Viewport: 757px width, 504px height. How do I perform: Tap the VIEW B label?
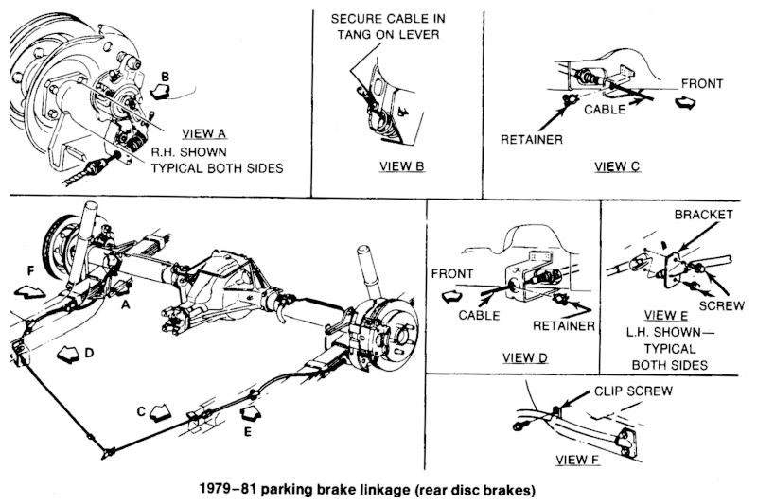401,166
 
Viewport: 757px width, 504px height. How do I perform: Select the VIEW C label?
617,166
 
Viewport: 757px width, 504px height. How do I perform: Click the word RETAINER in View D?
563,326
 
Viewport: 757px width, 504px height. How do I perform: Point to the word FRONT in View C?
702,83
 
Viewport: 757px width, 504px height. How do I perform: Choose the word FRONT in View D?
452,273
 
